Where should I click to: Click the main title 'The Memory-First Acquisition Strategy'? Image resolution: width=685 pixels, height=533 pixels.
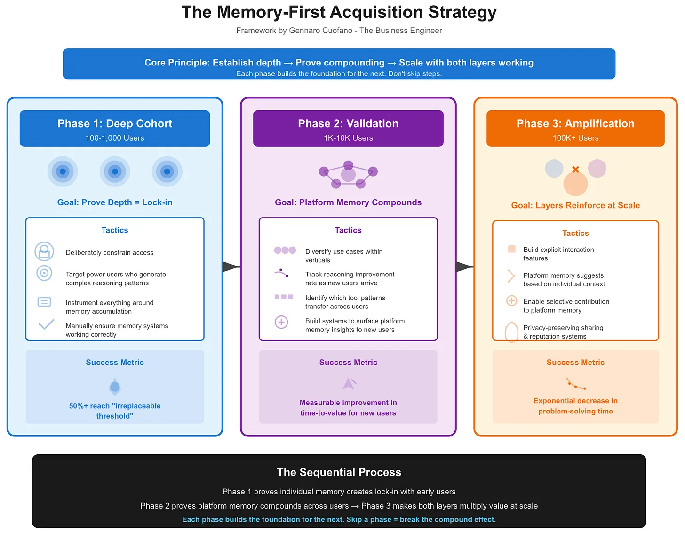[x=339, y=12]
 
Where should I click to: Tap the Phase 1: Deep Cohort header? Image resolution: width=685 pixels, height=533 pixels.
[x=115, y=124]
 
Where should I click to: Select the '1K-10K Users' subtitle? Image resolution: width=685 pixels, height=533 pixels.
[x=348, y=138]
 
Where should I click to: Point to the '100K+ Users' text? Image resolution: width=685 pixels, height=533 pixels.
[x=575, y=138]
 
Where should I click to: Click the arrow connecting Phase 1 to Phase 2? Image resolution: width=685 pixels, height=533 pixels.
[x=231, y=267]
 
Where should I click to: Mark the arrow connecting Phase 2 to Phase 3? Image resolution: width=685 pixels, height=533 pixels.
[x=464, y=267]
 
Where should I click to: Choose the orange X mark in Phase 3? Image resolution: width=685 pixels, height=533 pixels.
[x=575, y=170]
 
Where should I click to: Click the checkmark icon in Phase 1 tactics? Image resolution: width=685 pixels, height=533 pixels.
[x=46, y=324]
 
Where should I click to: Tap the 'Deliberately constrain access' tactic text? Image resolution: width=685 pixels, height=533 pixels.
[x=110, y=253]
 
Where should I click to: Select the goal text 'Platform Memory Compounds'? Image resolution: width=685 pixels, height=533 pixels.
[x=348, y=202]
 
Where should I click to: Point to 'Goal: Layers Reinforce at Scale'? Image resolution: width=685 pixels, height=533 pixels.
[x=575, y=205]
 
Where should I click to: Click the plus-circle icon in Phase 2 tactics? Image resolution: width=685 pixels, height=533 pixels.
[x=281, y=322]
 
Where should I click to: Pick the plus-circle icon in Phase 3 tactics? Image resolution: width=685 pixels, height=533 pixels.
[x=511, y=301]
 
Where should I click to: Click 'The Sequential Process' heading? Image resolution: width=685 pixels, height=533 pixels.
[x=339, y=472]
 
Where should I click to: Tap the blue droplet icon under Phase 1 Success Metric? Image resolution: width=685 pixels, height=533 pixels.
[x=115, y=387]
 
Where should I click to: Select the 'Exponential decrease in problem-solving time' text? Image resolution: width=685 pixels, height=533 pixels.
[x=575, y=406]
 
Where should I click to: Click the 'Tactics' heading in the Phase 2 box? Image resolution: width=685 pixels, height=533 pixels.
[x=348, y=230]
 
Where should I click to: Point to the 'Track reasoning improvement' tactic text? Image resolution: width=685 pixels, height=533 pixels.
[x=350, y=275]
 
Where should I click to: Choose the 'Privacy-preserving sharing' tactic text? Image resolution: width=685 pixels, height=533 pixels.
[x=563, y=328]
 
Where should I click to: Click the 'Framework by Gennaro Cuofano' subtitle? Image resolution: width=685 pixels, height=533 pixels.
[x=339, y=31]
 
